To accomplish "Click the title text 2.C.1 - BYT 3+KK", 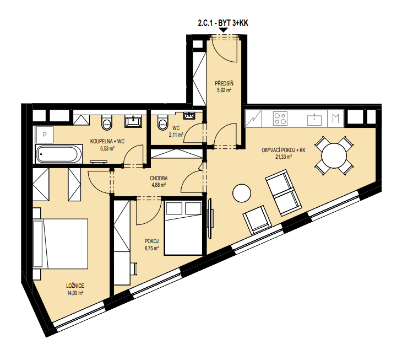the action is click(x=223, y=23).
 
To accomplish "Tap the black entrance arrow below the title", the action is click(x=224, y=30).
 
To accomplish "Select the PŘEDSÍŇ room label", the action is click(x=224, y=83).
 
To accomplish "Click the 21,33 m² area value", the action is click(x=284, y=157).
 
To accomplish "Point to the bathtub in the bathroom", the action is click(x=59, y=154).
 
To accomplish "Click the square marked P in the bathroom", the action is click(x=45, y=135).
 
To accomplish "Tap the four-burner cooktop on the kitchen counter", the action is click(x=280, y=119).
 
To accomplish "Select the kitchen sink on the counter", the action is click(x=314, y=120).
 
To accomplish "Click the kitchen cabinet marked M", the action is click(x=335, y=119).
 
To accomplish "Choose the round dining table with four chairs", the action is click(x=334, y=155).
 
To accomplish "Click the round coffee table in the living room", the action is click(x=242, y=193).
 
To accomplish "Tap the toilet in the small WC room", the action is click(x=162, y=122).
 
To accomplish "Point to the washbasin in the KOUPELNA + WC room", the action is click(x=133, y=122).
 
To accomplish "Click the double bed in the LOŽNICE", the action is click(x=61, y=244).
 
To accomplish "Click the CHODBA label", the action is click(x=159, y=178).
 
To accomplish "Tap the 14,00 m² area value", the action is click(x=75, y=293).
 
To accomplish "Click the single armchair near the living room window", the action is click(x=257, y=220).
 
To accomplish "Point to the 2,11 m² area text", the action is click(x=176, y=135).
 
